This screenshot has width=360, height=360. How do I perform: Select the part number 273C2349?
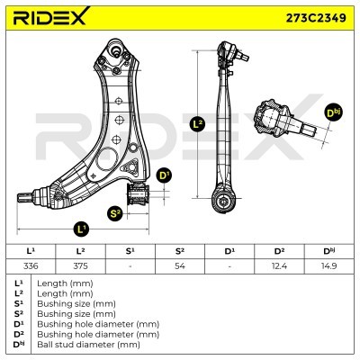[316, 18]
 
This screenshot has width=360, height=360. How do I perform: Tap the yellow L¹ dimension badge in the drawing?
[82, 229]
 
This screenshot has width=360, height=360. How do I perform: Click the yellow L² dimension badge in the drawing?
[198, 124]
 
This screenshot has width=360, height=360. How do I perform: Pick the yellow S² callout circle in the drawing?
[115, 214]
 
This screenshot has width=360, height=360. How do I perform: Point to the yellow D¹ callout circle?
[164, 176]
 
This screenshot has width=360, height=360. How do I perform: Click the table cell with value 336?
[31, 265]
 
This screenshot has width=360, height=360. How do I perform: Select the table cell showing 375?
[80, 265]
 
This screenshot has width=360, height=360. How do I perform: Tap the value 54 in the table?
[180, 265]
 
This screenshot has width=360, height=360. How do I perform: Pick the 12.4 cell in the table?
[279, 265]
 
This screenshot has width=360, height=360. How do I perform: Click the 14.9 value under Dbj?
[328, 265]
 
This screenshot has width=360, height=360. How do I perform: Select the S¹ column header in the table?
[130, 251]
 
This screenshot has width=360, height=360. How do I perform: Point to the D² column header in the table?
[279, 251]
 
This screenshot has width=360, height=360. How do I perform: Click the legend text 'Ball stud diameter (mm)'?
[88, 345]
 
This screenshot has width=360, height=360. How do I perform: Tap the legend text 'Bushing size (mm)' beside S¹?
[76, 303]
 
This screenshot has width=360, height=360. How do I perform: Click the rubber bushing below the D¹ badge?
[138, 193]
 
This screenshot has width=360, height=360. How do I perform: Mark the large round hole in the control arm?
[107, 159]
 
